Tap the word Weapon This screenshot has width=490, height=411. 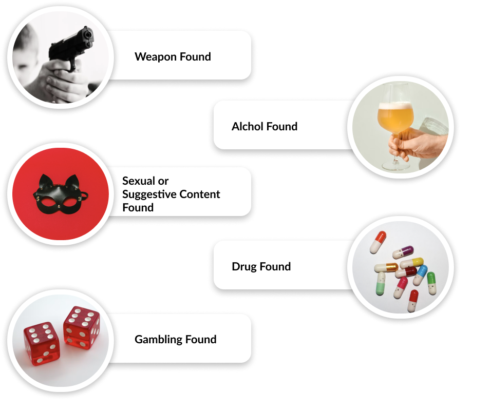pos(156,57)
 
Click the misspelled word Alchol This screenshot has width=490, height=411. pos(248,126)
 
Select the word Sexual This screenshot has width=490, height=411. pos(139,181)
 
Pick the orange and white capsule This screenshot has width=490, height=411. pos(378,242)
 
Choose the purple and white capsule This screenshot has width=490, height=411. pos(403,252)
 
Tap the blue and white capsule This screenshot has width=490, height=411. pos(420,275)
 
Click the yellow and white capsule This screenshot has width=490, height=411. pos(411,263)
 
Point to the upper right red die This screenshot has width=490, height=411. pos(82,327)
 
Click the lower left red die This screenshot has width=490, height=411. pos(42,344)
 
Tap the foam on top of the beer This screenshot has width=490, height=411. pos(395,106)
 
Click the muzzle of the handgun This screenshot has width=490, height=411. pos(88,33)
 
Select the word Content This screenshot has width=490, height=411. pos(199,194)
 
